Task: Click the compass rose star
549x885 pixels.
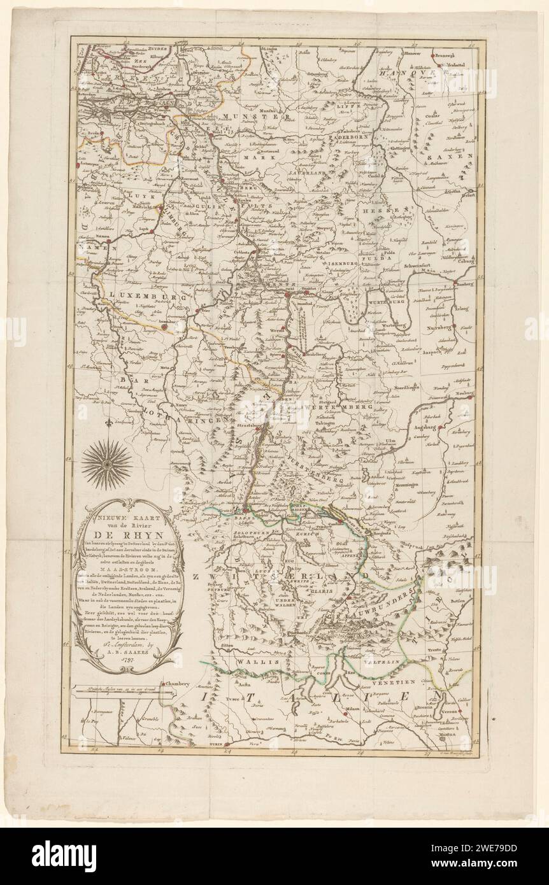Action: pyautogui.click(x=107, y=464)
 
